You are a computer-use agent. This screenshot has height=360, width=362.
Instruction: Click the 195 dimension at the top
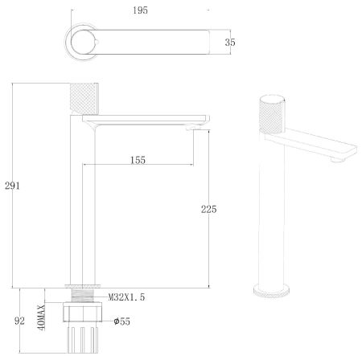(140, 10)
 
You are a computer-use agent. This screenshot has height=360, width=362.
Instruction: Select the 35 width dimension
(230, 42)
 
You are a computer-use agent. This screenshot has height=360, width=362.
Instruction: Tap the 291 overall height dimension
(12, 186)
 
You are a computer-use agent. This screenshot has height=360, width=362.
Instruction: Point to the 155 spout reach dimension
(138, 160)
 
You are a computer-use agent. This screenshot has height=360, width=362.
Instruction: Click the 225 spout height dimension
(209, 209)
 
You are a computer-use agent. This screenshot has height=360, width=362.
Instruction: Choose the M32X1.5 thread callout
(126, 297)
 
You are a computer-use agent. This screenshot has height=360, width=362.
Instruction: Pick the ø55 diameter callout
(122, 321)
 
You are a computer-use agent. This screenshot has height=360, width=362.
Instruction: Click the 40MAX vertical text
(41, 317)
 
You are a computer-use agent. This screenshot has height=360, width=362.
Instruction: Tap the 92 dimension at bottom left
(19, 321)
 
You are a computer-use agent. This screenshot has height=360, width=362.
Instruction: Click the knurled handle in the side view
(83, 99)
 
